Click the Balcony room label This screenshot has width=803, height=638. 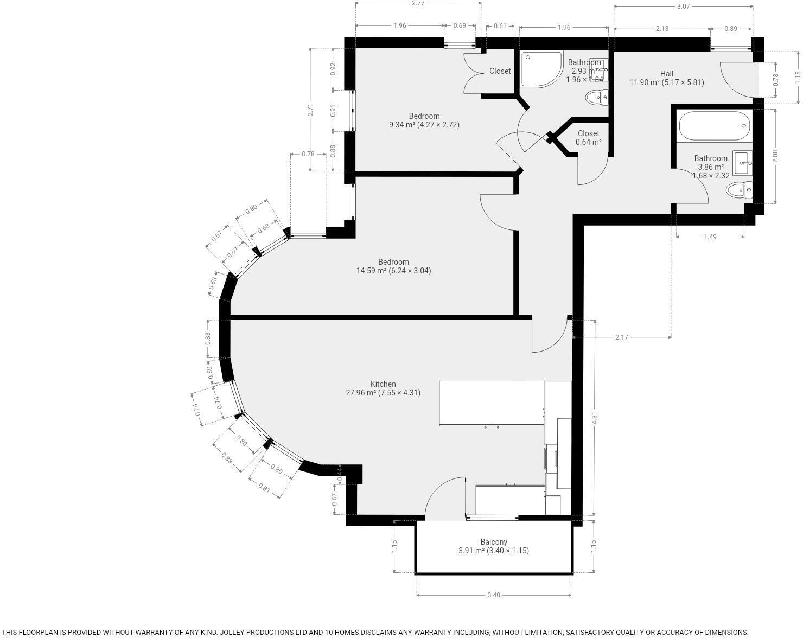(493, 542)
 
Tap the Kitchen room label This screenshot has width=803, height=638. (383, 384)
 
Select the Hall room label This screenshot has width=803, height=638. (667, 74)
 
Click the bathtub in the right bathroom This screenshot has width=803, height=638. (715, 126)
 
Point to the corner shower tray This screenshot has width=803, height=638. (539, 69)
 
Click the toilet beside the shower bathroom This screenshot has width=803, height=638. (597, 98)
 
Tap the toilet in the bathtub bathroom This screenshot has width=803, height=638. (739, 190)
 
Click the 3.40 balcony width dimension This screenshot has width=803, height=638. (493, 595)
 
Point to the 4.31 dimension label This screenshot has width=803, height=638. (594, 418)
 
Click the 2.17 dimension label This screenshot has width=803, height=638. (621, 337)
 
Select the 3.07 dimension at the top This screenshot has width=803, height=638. (683, 7)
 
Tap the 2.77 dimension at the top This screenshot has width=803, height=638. (418, 3)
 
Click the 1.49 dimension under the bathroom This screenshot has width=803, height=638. (710, 237)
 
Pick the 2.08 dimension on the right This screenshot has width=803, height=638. (775, 156)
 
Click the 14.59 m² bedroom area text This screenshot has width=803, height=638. (393, 271)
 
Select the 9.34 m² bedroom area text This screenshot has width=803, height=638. (424, 125)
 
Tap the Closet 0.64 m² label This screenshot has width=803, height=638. (588, 138)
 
